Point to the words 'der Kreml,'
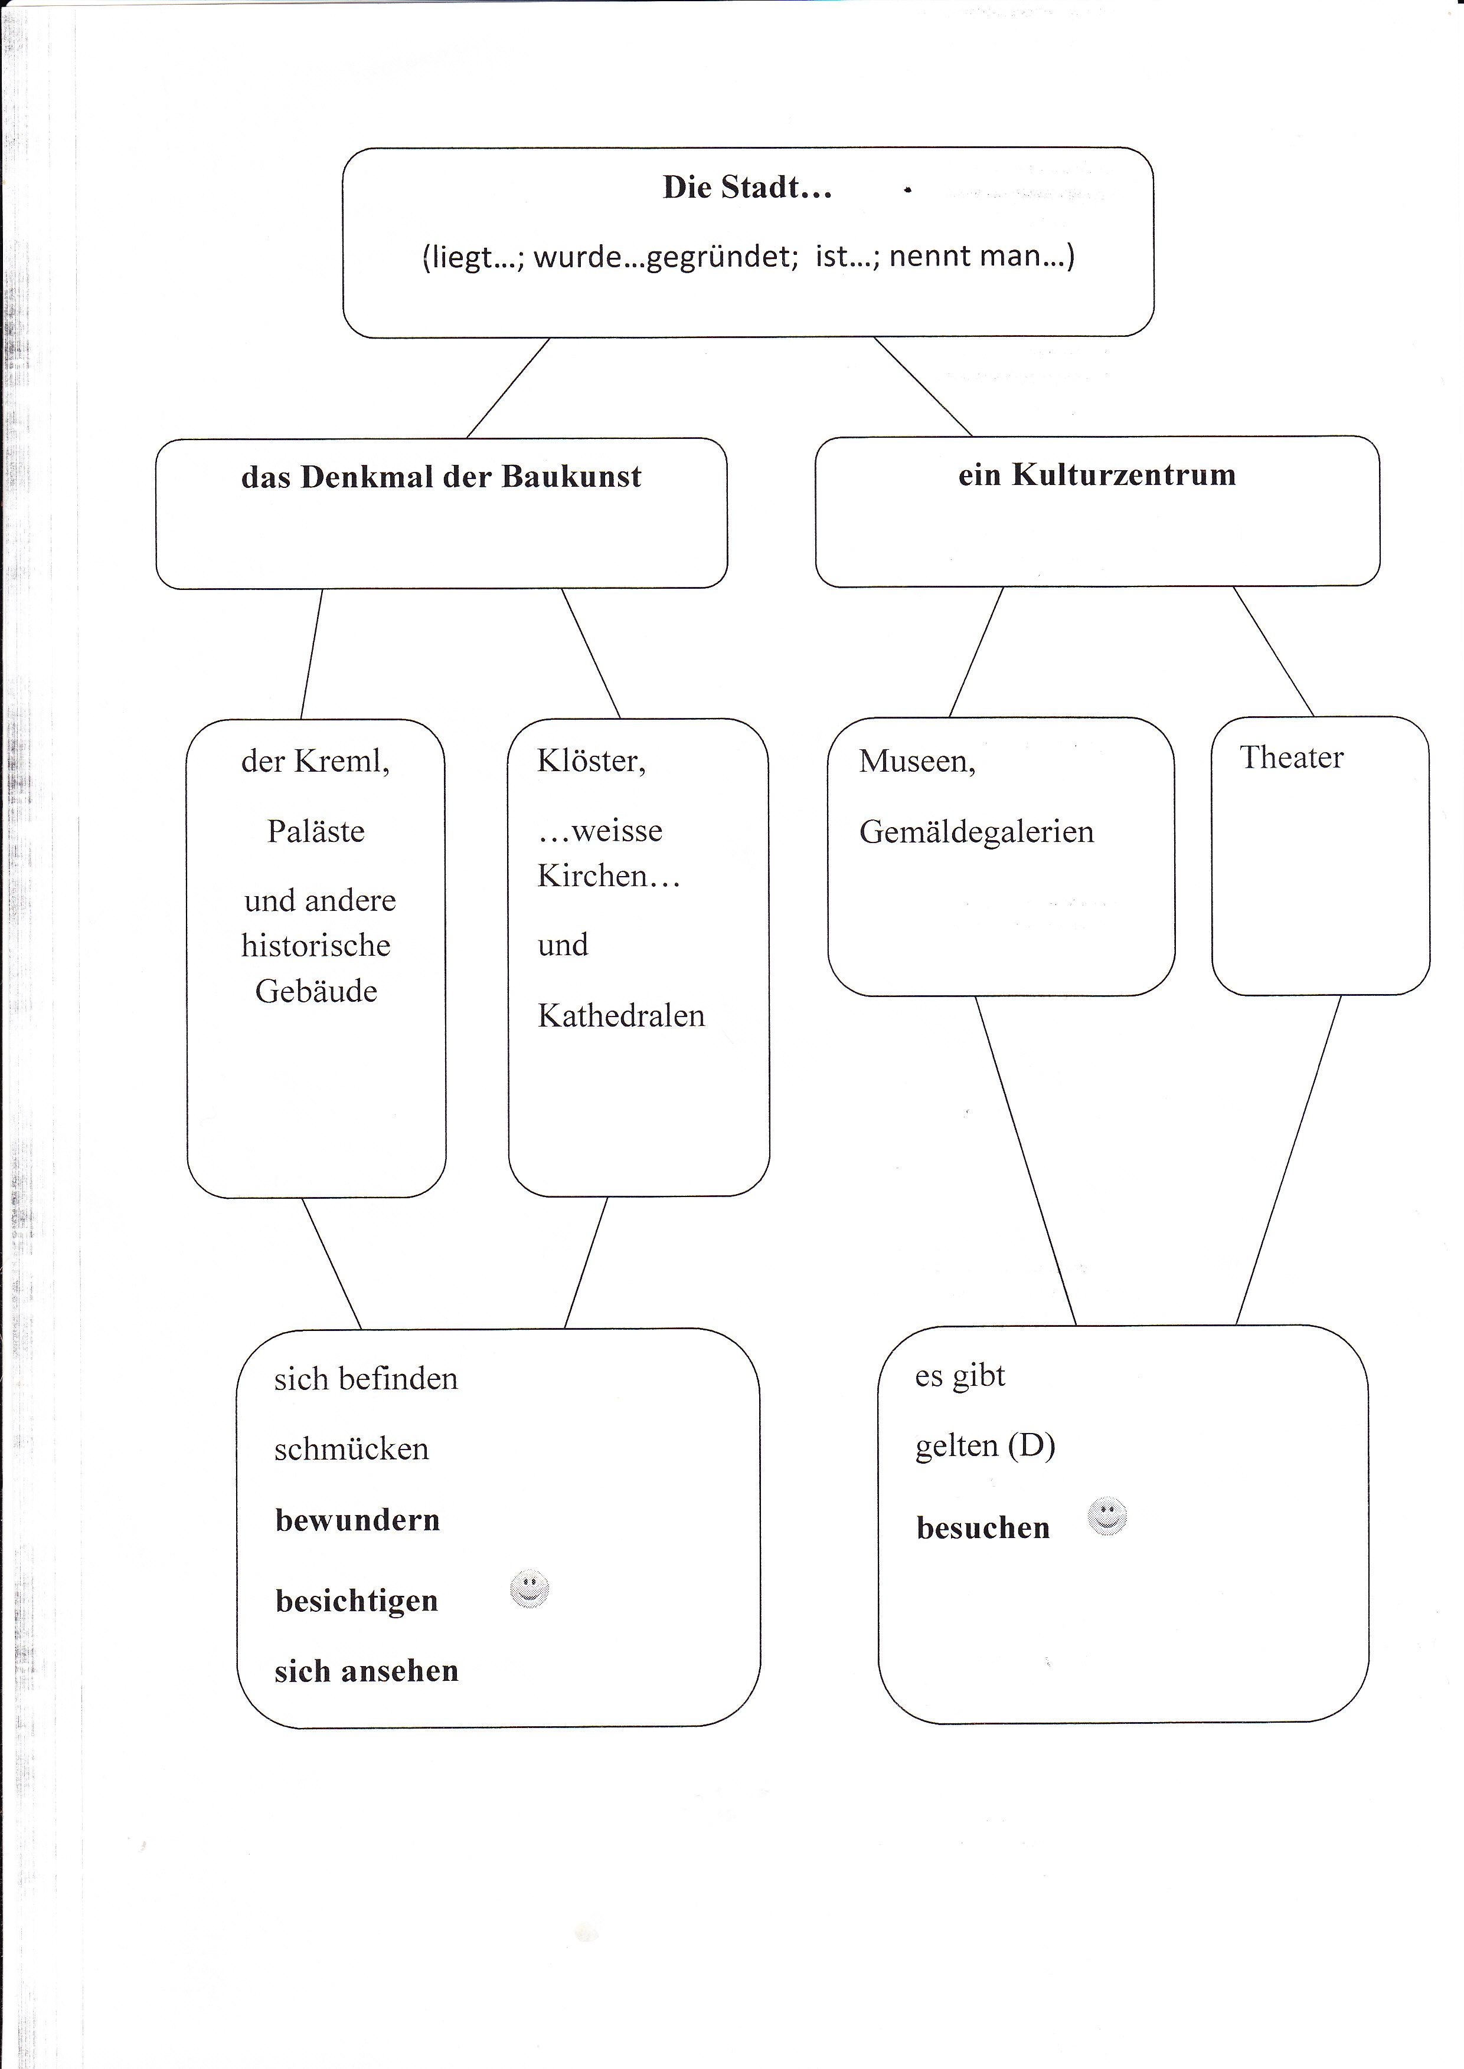pyautogui.click(x=315, y=762)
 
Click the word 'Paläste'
pyautogui.click(x=316, y=831)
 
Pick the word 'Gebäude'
pyautogui.click(x=316, y=991)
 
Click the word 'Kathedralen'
pyautogui.click(x=621, y=1015)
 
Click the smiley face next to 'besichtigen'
pyautogui.click(x=530, y=1589)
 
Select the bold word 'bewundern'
pyautogui.click(x=358, y=1520)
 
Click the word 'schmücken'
pyautogui.click(x=352, y=1449)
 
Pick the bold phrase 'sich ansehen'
pyautogui.click(x=367, y=1671)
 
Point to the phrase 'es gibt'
pyautogui.click(x=960, y=1376)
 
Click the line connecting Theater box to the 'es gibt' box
pyautogui.click(x=1288, y=1160)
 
